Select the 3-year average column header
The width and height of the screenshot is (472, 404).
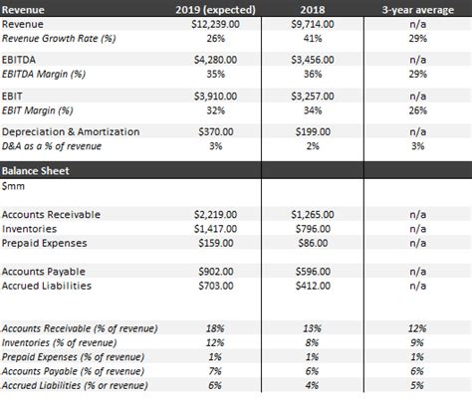418,8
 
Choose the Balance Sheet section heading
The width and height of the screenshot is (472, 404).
35,170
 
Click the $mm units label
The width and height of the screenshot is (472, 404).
14,186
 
